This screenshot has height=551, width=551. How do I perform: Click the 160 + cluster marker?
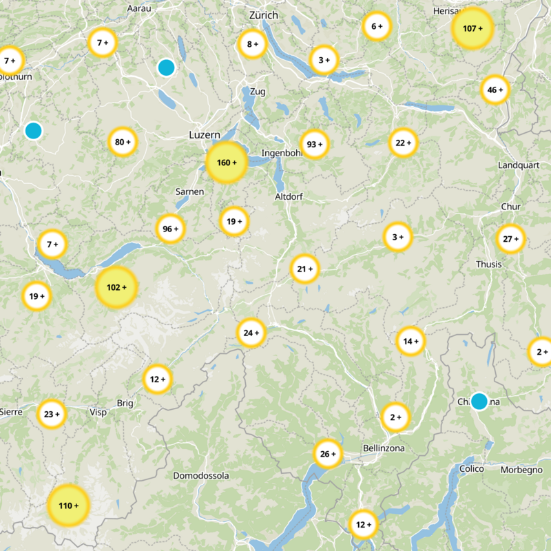pos(226,163)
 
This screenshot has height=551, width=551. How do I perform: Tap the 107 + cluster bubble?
pos(472,29)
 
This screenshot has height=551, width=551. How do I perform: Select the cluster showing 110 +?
pos(68,506)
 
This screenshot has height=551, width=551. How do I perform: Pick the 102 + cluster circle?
pos(116,287)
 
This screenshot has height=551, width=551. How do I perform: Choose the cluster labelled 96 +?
pos(170,229)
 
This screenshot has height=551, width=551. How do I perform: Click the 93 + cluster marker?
pos(315,145)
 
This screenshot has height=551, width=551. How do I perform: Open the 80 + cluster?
pos(123,143)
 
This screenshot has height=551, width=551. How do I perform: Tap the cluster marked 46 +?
pos(495,90)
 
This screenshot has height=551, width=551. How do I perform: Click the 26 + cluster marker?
pos(328,454)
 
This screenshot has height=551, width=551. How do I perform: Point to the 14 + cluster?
pos(411,341)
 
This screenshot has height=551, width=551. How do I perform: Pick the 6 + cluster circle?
pos(376,27)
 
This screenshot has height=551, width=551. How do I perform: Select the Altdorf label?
pos(289,196)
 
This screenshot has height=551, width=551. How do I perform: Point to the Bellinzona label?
pos(384,449)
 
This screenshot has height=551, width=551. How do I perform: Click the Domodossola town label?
pos(200,476)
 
